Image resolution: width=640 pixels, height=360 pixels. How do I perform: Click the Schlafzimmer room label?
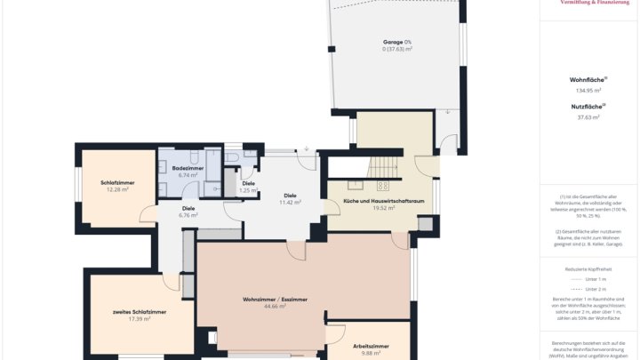pos(117,182)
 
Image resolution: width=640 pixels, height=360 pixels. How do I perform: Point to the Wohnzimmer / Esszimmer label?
pos(275,300)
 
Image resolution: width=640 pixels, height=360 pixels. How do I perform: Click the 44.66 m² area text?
pos(275,307)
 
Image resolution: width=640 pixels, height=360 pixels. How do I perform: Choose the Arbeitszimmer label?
pos(371,345)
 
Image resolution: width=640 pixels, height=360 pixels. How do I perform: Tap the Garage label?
pos(396,42)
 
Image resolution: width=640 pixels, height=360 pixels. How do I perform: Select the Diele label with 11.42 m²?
pos(290,195)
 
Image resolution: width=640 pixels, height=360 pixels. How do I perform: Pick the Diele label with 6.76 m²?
pos(188,208)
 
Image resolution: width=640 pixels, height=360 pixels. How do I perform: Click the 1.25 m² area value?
pos(248,190)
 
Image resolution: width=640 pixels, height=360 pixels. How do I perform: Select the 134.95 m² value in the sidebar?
pos(588,91)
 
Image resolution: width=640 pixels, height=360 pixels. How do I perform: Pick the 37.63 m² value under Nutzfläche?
pos(588,116)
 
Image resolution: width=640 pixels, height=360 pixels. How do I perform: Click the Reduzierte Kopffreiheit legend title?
pos(588,268)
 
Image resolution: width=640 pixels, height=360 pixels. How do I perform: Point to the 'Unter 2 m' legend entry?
pos(596,289)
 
